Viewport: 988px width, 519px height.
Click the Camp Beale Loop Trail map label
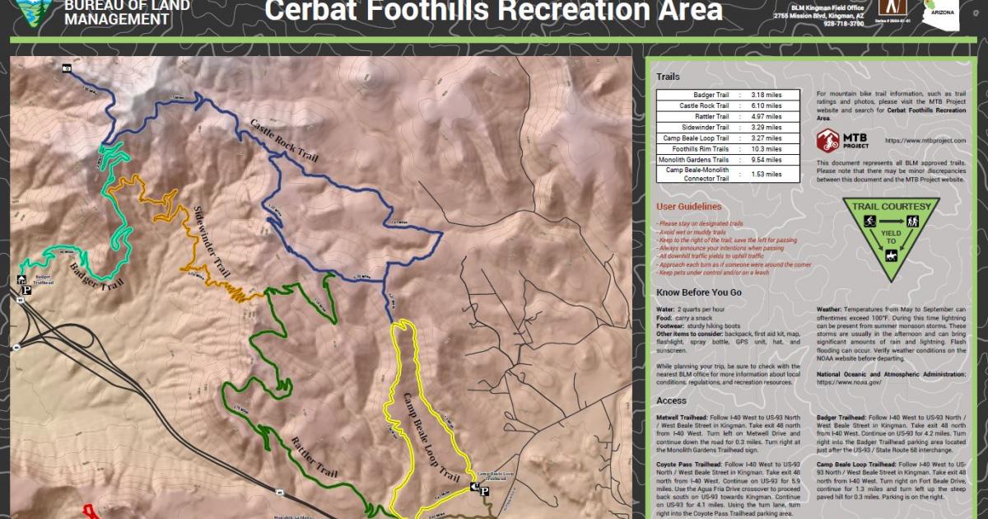click(430, 437)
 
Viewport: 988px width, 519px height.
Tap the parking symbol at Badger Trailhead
click(26, 290)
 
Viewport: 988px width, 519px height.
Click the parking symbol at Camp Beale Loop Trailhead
click(484, 492)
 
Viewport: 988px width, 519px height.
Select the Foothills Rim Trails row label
click(694, 149)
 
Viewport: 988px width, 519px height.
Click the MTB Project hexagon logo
click(827, 141)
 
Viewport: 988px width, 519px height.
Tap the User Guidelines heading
click(688, 207)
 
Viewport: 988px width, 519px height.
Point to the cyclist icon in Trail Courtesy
click(869, 222)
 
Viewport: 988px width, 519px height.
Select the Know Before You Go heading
click(699, 292)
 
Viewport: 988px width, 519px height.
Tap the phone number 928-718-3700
click(843, 24)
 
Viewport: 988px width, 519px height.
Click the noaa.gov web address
click(851, 382)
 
